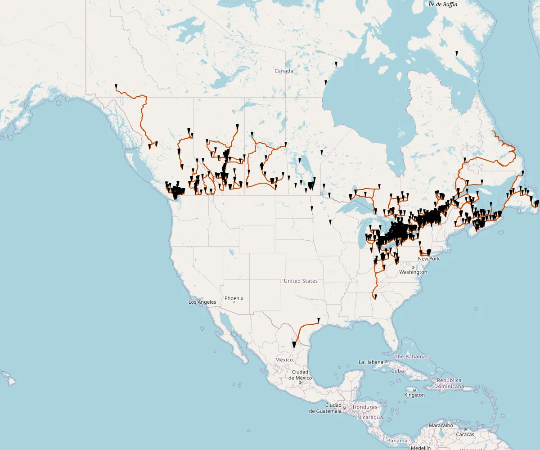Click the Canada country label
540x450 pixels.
click(284, 71)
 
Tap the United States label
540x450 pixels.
click(301, 281)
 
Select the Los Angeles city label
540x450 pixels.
click(202, 302)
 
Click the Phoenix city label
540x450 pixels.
click(234, 298)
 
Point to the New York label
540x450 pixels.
click(428, 259)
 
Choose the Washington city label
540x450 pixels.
click(413, 272)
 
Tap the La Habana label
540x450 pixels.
click(371, 362)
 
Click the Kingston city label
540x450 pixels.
click(414, 395)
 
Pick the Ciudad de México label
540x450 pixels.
click(300, 374)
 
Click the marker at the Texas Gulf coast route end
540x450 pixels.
click(318, 320)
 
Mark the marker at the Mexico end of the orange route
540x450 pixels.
click(293, 345)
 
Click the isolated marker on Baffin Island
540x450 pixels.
click(456, 53)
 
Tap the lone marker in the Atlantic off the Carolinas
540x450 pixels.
click(476, 309)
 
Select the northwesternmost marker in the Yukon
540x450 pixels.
click(116, 86)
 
